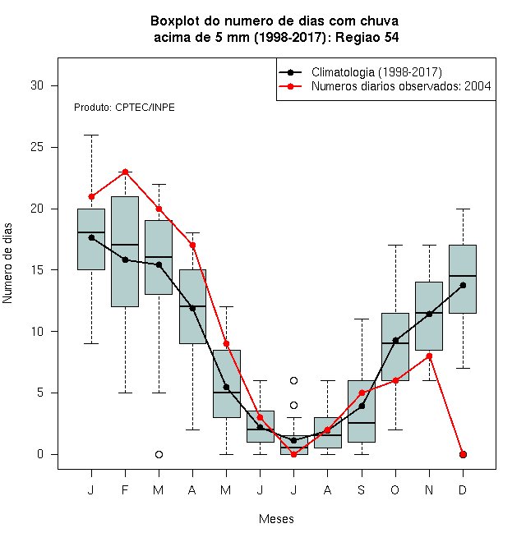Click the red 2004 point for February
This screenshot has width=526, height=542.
click(x=125, y=172)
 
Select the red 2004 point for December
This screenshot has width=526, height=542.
click(x=463, y=455)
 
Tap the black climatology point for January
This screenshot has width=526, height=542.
click(x=92, y=237)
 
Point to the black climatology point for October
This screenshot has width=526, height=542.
click(x=395, y=341)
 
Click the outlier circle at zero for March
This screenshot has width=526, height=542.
click(x=159, y=455)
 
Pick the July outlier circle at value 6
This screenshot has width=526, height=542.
click(x=293, y=380)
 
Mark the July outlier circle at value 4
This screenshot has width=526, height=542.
click(x=293, y=405)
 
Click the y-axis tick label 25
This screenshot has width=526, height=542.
click(x=37, y=147)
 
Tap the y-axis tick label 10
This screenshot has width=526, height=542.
click(x=37, y=332)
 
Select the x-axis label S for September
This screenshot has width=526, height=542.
click(x=362, y=489)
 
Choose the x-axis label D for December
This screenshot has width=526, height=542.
click(x=463, y=489)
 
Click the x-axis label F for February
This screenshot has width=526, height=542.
click(x=125, y=489)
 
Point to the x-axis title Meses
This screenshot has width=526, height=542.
click(x=276, y=519)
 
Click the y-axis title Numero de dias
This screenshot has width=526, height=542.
click(x=7, y=264)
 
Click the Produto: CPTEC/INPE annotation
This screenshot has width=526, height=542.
click(x=124, y=108)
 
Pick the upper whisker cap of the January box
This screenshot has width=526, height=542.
click(x=92, y=135)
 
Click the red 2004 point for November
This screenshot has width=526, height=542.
click(x=430, y=356)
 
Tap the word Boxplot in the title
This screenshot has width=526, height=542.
click(x=175, y=21)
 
